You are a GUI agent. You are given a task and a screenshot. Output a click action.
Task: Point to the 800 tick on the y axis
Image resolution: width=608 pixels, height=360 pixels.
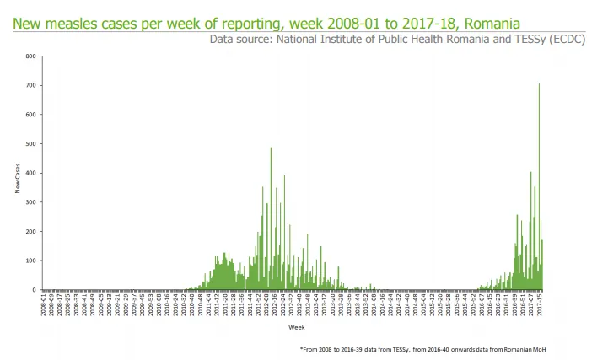pyautogui.click(x=31, y=56)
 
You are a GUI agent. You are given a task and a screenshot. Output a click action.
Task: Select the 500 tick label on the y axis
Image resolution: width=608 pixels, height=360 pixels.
pyautogui.click(x=31, y=144)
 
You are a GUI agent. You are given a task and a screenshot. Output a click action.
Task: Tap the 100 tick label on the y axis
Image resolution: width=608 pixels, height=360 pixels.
pyautogui.click(x=31, y=261)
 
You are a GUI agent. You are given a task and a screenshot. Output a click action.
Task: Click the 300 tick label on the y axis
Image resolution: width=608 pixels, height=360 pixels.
pyautogui.click(x=31, y=202)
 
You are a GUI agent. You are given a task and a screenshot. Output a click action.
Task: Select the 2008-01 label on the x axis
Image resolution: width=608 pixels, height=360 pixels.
pyautogui.click(x=43, y=304)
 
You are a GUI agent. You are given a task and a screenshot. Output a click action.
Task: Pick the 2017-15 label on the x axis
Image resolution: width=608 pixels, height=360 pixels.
pyautogui.click(x=539, y=304)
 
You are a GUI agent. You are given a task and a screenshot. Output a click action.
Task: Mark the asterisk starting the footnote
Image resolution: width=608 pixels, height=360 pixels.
pyautogui.click(x=301, y=348)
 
